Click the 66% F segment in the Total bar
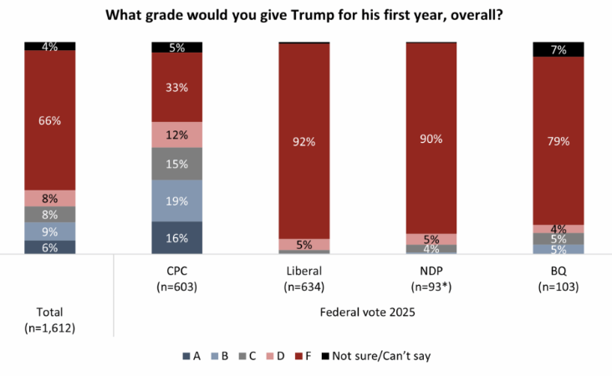point(49,120)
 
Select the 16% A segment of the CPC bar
point(176,237)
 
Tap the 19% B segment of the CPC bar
point(176,201)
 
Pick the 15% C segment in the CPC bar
point(176,164)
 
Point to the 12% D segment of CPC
point(176,135)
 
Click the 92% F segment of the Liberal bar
point(303,141)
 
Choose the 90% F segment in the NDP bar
point(431,138)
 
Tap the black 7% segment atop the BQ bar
point(558,49)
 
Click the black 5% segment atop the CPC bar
point(176,48)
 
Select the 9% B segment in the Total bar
point(49,231)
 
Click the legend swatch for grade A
point(186,356)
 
